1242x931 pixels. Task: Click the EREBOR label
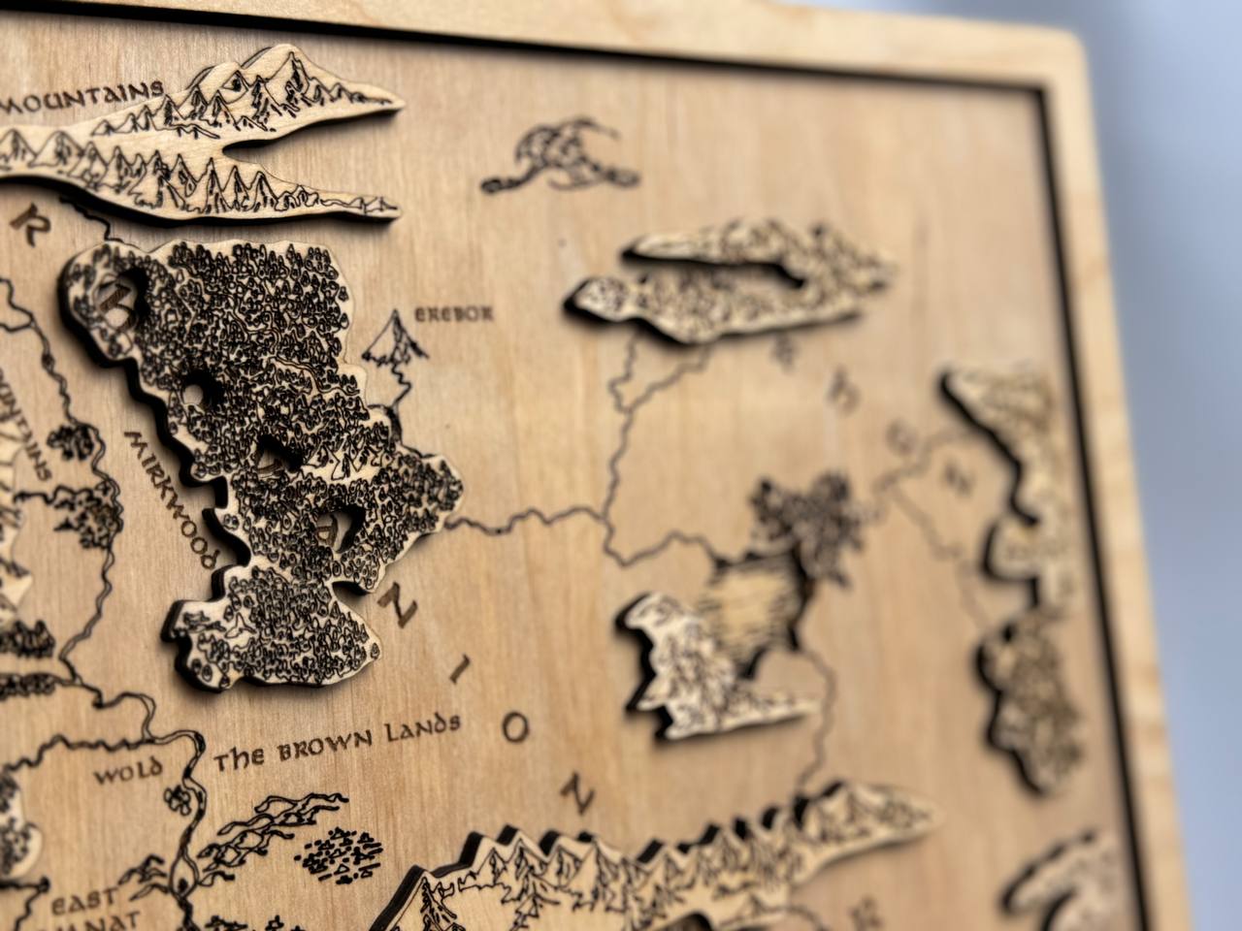pos(454,314)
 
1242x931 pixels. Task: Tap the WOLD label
pos(120,776)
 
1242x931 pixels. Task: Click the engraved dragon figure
pos(558,155)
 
